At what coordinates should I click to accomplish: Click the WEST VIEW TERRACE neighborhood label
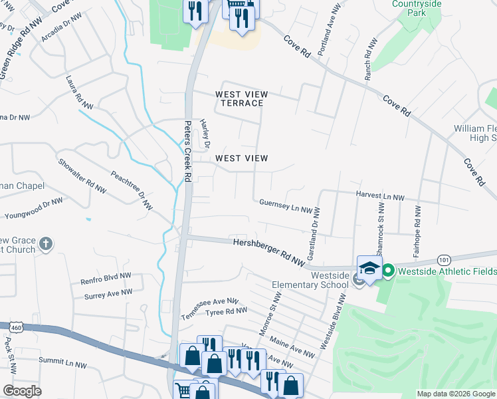(x=239, y=98)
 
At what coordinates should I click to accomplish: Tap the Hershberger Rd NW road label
(x=268, y=253)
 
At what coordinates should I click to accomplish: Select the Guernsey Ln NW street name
(x=286, y=205)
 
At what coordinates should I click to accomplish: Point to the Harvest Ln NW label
(x=380, y=197)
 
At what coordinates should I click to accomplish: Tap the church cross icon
(x=45, y=243)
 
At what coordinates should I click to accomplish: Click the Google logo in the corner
(x=22, y=391)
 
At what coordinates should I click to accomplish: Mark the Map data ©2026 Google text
(x=455, y=394)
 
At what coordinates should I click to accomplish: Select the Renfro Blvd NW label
(x=106, y=279)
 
